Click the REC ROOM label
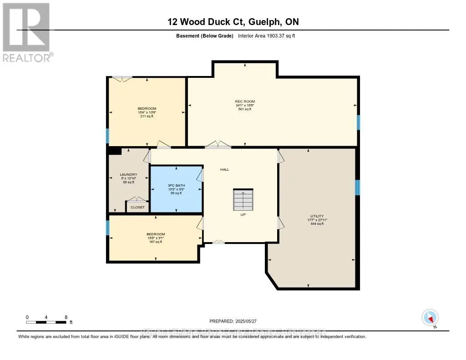coord(245,101)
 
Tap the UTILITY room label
coord(317,216)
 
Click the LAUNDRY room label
coord(128,174)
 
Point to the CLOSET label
coord(137,207)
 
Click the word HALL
coord(224,169)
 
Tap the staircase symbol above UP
coord(243,199)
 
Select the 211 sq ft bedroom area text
coord(147,116)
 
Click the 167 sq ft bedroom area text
coord(156,242)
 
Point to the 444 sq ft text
coord(317,224)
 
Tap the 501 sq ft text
coord(245,109)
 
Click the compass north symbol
coord(430,318)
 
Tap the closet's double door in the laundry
coord(137,199)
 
